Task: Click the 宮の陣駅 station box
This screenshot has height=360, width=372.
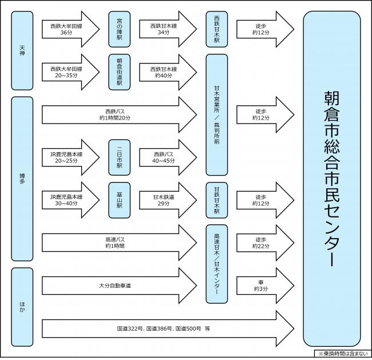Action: coord(120,26)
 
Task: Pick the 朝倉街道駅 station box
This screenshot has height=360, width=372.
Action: coord(120,72)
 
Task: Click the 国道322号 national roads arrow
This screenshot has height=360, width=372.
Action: coord(166,329)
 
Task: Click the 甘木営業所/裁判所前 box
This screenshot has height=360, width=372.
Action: coord(217,114)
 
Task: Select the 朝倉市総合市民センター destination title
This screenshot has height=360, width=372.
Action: coord(332,178)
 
